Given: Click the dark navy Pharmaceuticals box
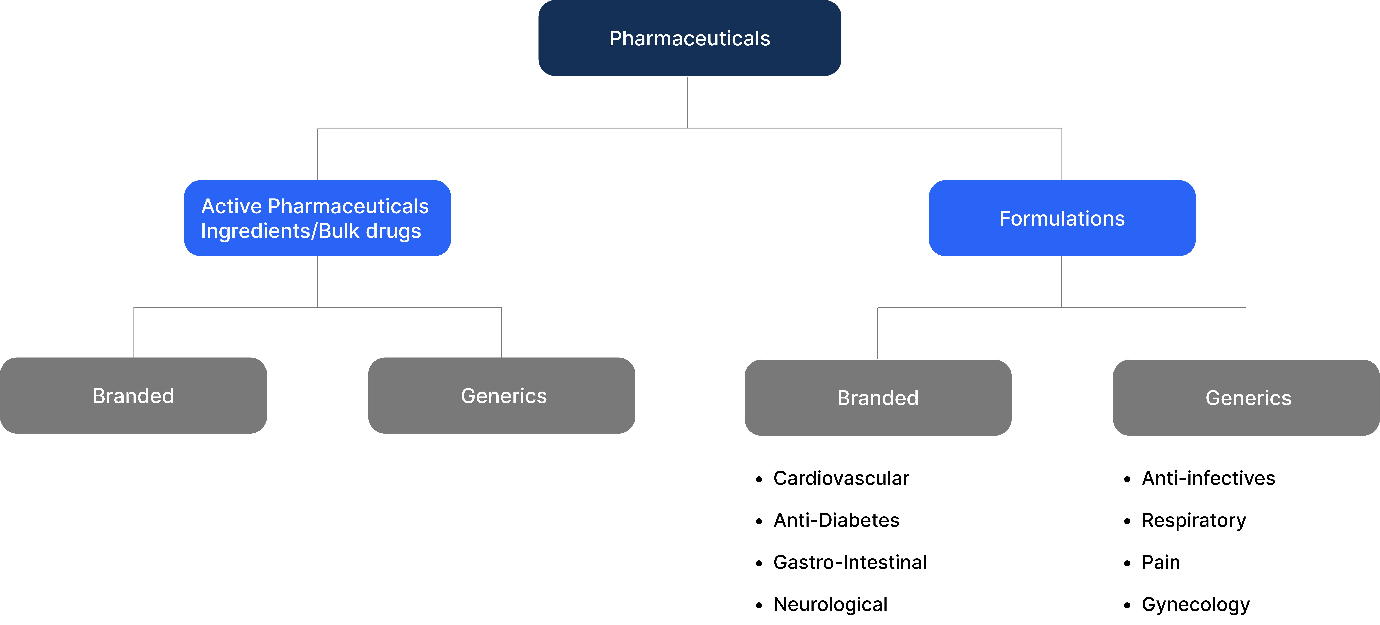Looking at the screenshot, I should (x=689, y=38).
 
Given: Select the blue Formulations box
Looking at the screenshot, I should (x=1062, y=218).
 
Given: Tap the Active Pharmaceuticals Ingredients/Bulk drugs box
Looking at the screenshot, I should (x=317, y=218).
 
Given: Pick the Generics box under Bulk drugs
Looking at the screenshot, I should (x=501, y=396).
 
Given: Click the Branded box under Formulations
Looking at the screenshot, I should (x=877, y=398).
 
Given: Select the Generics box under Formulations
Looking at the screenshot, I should (x=1246, y=398).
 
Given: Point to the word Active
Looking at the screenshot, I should (x=231, y=206).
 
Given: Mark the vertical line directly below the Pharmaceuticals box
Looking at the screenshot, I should (x=687, y=102).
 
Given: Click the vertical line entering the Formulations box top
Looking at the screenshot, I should (x=1062, y=154).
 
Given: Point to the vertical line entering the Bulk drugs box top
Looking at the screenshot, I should (x=317, y=154).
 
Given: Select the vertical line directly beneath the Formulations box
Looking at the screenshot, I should (x=1062, y=281).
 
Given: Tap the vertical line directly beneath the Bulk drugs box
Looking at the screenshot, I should (x=317, y=281).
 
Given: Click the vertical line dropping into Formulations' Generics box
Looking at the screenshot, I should (x=1246, y=333).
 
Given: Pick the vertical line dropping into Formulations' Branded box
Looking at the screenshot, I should (x=877, y=333).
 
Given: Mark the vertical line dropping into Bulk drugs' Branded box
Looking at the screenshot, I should (x=133, y=332).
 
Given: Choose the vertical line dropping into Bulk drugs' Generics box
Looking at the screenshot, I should (x=501, y=332).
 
